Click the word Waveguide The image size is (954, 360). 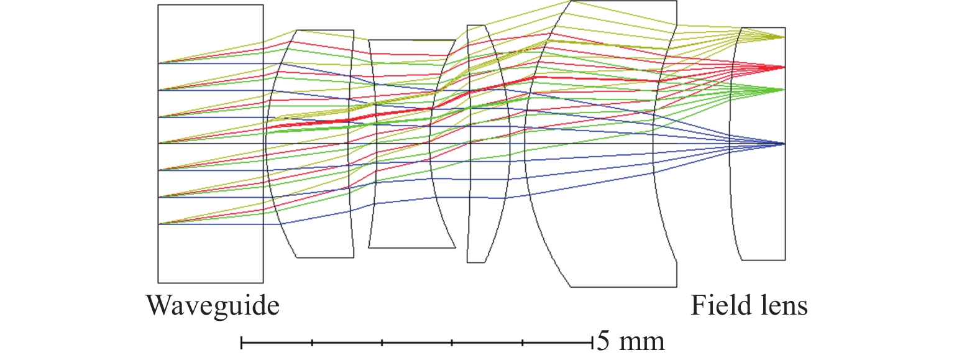(213, 307)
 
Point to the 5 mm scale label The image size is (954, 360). (630, 341)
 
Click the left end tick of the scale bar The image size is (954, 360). (241, 341)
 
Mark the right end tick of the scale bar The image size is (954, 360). (592, 341)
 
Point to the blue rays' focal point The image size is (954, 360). (785, 144)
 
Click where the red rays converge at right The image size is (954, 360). (785, 67)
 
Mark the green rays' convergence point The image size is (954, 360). (785, 90)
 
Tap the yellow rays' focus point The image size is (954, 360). (785, 37)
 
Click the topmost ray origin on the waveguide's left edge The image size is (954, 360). (158, 63)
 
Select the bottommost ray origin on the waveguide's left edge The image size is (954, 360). (158, 224)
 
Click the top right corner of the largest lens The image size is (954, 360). (676, 1)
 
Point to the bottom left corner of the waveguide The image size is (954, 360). (158, 283)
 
